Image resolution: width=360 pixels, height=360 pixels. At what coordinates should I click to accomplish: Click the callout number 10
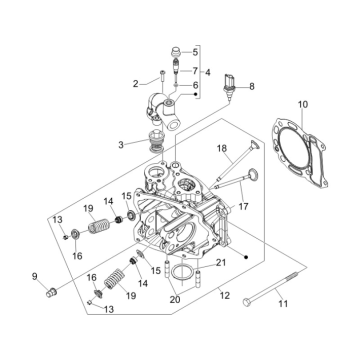pos(303,104)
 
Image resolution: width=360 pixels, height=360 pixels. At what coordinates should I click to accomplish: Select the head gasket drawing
pos(300,152)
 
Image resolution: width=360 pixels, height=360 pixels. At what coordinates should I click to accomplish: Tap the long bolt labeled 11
pos(270,289)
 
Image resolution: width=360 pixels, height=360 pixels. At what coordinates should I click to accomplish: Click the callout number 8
pos(252,86)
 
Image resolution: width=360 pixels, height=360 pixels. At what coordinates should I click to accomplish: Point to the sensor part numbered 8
pos(228,87)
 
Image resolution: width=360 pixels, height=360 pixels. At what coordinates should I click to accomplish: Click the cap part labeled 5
pos(175,52)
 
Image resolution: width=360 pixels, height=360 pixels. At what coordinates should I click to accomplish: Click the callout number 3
pos(121,145)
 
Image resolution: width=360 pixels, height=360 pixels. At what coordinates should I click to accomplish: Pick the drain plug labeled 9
pos(51,293)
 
